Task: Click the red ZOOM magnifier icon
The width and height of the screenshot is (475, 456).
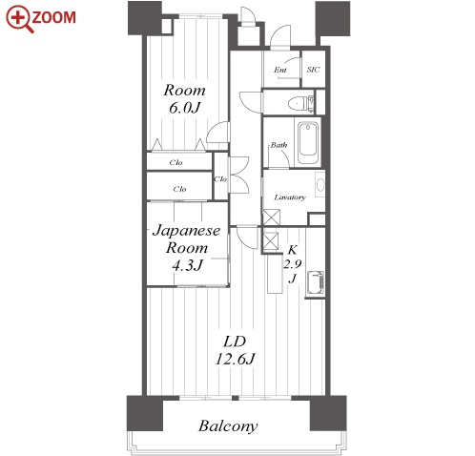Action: click(x=19, y=18)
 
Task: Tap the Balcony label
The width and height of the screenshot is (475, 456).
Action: click(x=228, y=426)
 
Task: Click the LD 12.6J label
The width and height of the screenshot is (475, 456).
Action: click(x=236, y=350)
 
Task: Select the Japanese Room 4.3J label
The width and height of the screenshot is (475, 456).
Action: click(x=187, y=247)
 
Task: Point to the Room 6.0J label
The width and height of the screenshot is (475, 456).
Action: click(x=185, y=99)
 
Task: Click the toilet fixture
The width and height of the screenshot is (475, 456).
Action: click(x=300, y=103)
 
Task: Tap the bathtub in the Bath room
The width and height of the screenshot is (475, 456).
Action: click(x=308, y=143)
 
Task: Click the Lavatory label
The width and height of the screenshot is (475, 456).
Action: click(x=290, y=197)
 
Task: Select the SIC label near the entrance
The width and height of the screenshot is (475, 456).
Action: click(x=313, y=70)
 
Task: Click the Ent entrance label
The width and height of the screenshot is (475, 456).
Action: click(x=280, y=70)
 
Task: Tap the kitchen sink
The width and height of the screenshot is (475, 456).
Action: click(x=315, y=282)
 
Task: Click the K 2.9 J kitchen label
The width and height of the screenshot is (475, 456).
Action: click(x=293, y=264)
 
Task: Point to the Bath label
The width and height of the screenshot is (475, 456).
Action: click(x=279, y=145)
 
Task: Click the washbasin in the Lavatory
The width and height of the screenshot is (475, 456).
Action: click(x=320, y=184)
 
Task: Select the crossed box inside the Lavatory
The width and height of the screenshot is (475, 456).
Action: click(x=272, y=218)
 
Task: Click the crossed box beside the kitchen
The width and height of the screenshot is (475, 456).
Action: click(x=271, y=241)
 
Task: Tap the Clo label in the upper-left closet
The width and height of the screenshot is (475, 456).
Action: click(x=176, y=162)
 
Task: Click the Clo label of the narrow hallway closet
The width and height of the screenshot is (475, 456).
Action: click(x=220, y=179)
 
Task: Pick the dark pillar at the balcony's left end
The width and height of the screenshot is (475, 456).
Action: click(x=145, y=413)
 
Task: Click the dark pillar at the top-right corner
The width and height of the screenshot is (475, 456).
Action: click(x=333, y=18)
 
